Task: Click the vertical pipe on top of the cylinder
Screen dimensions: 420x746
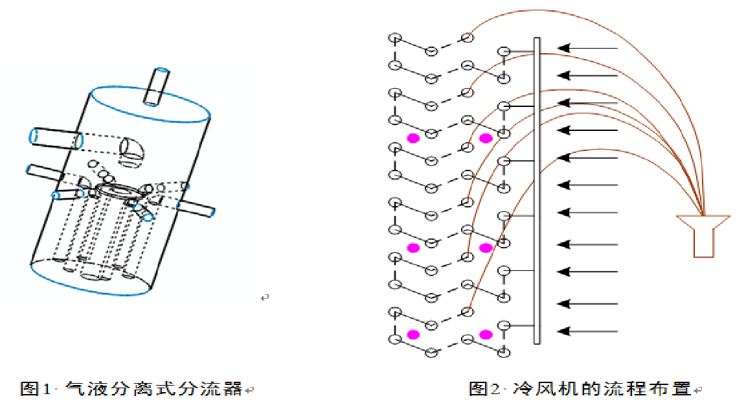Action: tap(156, 87)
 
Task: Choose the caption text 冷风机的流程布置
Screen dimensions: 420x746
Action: tap(602, 389)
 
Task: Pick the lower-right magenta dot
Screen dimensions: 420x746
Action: tap(486, 334)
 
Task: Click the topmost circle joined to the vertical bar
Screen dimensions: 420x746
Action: tap(504, 51)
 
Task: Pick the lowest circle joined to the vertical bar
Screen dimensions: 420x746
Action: tap(504, 325)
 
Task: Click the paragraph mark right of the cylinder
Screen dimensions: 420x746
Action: tap(264, 297)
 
